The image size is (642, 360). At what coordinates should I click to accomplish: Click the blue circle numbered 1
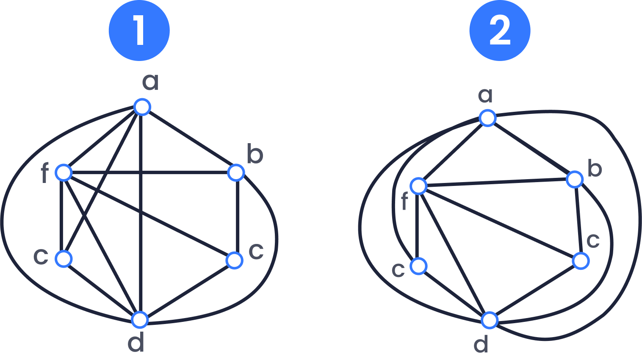pyautogui.click(x=139, y=30)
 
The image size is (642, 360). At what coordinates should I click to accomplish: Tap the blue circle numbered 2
pyautogui.click(x=500, y=30)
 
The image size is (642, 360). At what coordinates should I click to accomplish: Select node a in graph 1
pyautogui.click(x=142, y=107)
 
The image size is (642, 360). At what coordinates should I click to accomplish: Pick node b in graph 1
pyautogui.click(x=236, y=172)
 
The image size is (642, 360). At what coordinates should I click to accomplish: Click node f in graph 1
pyautogui.click(x=64, y=172)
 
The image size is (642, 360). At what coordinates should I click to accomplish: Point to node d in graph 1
pyautogui.click(x=140, y=319)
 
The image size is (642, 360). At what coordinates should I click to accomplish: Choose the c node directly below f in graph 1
pyautogui.click(x=64, y=259)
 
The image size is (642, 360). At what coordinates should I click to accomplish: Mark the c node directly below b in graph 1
pyautogui.click(x=234, y=260)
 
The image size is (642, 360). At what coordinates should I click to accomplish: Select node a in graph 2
pyautogui.click(x=487, y=118)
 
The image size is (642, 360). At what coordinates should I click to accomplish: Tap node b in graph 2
pyautogui.click(x=575, y=180)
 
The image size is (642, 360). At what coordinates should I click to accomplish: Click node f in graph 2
pyautogui.click(x=418, y=186)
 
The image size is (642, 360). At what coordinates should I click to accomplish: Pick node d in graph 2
pyautogui.click(x=490, y=320)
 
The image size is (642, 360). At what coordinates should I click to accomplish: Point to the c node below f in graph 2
pyautogui.click(x=418, y=266)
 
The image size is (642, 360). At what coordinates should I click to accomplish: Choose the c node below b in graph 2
pyautogui.click(x=581, y=261)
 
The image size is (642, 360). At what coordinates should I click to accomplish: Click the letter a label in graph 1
pyautogui.click(x=150, y=81)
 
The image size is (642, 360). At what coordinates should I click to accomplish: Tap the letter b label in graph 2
pyautogui.click(x=595, y=169)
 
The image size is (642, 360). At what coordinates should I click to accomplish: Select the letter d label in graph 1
pyautogui.click(x=136, y=343)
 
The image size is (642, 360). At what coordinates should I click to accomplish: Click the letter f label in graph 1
pyautogui.click(x=44, y=173)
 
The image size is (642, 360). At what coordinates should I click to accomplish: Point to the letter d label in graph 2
pyautogui.click(x=481, y=344)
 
